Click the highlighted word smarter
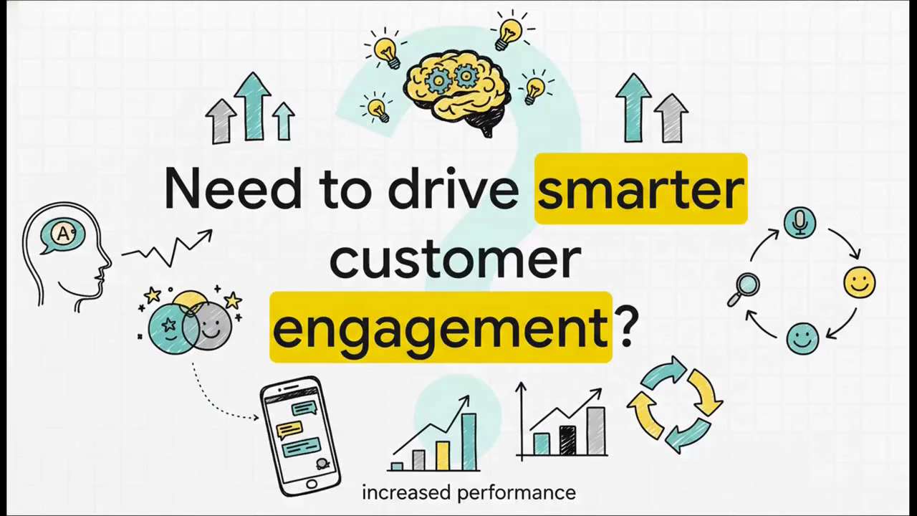click(x=640, y=189)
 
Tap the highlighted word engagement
click(x=440, y=328)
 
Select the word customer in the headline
click(x=455, y=259)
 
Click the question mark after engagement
click(x=627, y=328)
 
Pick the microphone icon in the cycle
click(x=800, y=222)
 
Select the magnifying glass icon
click(x=744, y=288)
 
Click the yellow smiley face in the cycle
click(x=859, y=282)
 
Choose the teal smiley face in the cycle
click(x=802, y=338)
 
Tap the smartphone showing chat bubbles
click(x=300, y=436)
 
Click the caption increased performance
click(x=469, y=493)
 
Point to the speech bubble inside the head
click(x=63, y=235)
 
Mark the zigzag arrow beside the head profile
click(x=168, y=248)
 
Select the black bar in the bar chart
click(x=567, y=440)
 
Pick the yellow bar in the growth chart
click(x=443, y=455)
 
